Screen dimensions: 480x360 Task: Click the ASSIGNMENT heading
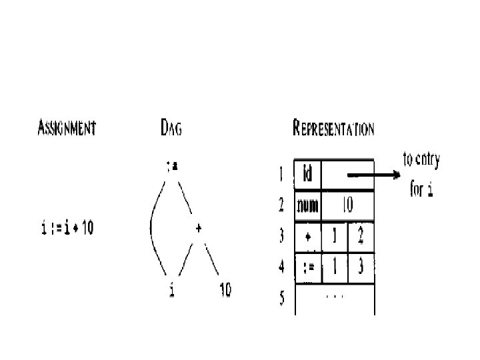[66, 128]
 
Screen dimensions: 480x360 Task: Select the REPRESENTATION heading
[333, 128]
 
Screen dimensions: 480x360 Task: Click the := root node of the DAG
[172, 167]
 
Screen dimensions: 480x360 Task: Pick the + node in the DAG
[199, 227]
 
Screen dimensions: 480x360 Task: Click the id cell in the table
[307, 175]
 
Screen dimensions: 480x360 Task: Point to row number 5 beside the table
[282, 298]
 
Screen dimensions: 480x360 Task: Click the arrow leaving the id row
[373, 176]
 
